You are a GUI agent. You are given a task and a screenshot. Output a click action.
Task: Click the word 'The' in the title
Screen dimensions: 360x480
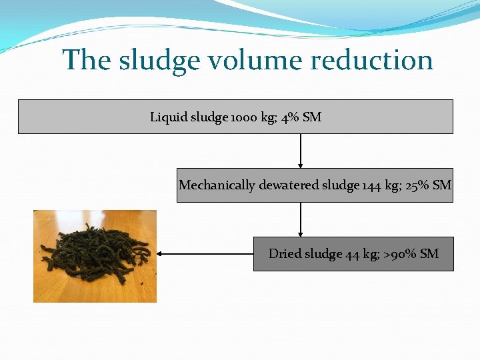[x=87, y=61]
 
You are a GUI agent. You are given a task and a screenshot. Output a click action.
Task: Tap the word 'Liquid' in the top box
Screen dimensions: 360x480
[x=169, y=117]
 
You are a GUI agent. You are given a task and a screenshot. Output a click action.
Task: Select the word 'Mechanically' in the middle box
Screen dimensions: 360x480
[x=216, y=185]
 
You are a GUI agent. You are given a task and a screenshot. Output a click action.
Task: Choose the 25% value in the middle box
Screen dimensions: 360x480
[x=417, y=185]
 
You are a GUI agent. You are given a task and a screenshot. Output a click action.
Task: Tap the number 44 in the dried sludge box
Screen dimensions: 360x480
[x=353, y=254]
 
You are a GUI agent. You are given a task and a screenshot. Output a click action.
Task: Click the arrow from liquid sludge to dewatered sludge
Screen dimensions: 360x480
[x=301, y=151]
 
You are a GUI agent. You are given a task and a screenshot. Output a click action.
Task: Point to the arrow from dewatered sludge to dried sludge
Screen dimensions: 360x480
[x=301, y=219]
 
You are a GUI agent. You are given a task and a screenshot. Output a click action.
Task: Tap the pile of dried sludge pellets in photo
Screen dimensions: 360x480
[x=93, y=257]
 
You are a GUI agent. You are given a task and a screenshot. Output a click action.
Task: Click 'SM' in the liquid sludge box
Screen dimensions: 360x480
[x=312, y=117]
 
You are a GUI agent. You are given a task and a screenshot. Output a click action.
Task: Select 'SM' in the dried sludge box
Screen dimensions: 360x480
[x=430, y=254]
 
